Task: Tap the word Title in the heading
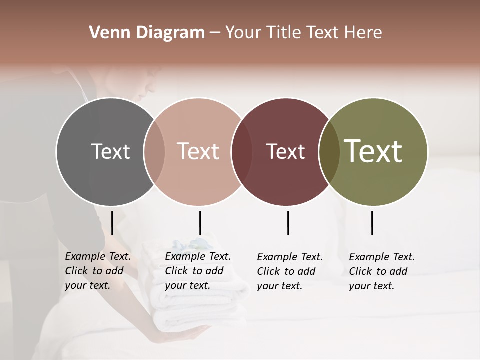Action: pos(284,33)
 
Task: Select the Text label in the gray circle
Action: pos(110,151)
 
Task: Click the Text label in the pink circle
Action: pos(198,151)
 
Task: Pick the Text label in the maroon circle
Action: pos(285,151)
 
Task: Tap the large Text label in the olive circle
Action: pos(373,151)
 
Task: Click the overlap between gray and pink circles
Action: pos(154,152)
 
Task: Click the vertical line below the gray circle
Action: pos(112,223)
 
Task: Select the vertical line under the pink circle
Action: pos(200,223)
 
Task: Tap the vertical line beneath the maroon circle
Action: pos(288,223)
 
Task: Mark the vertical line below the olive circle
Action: pos(372,223)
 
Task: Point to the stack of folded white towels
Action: pos(200,305)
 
